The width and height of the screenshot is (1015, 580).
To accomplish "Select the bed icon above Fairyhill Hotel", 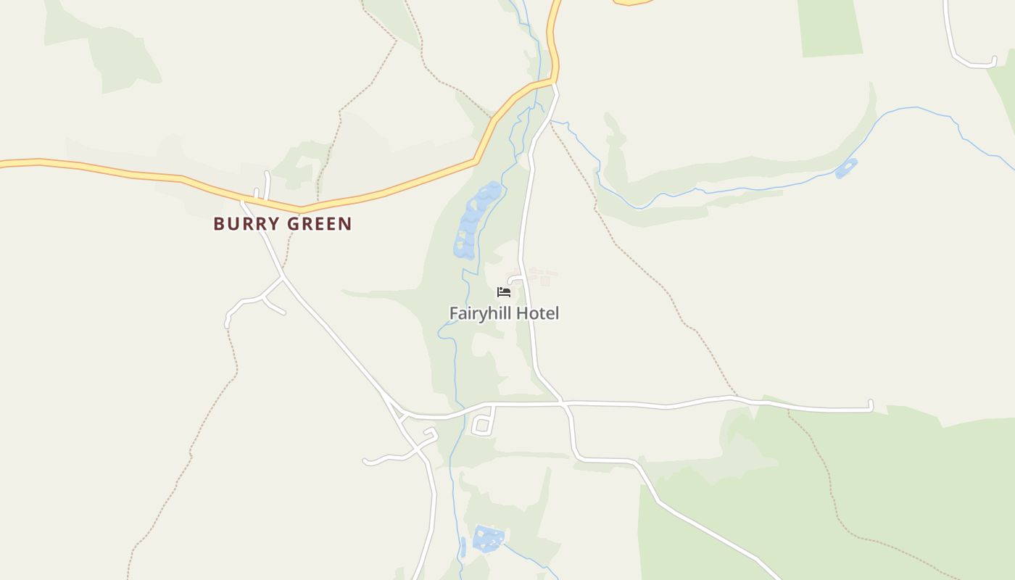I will tap(504, 292).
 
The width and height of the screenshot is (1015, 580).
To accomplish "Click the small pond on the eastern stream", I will tap(846, 168).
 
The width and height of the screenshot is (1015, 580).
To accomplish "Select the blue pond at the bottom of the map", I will tap(487, 539).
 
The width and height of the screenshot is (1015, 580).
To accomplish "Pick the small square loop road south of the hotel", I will tap(483, 426).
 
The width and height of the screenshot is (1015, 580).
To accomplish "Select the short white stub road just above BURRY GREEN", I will tap(268, 185).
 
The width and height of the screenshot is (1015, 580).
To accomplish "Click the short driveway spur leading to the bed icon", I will tap(515, 279).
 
